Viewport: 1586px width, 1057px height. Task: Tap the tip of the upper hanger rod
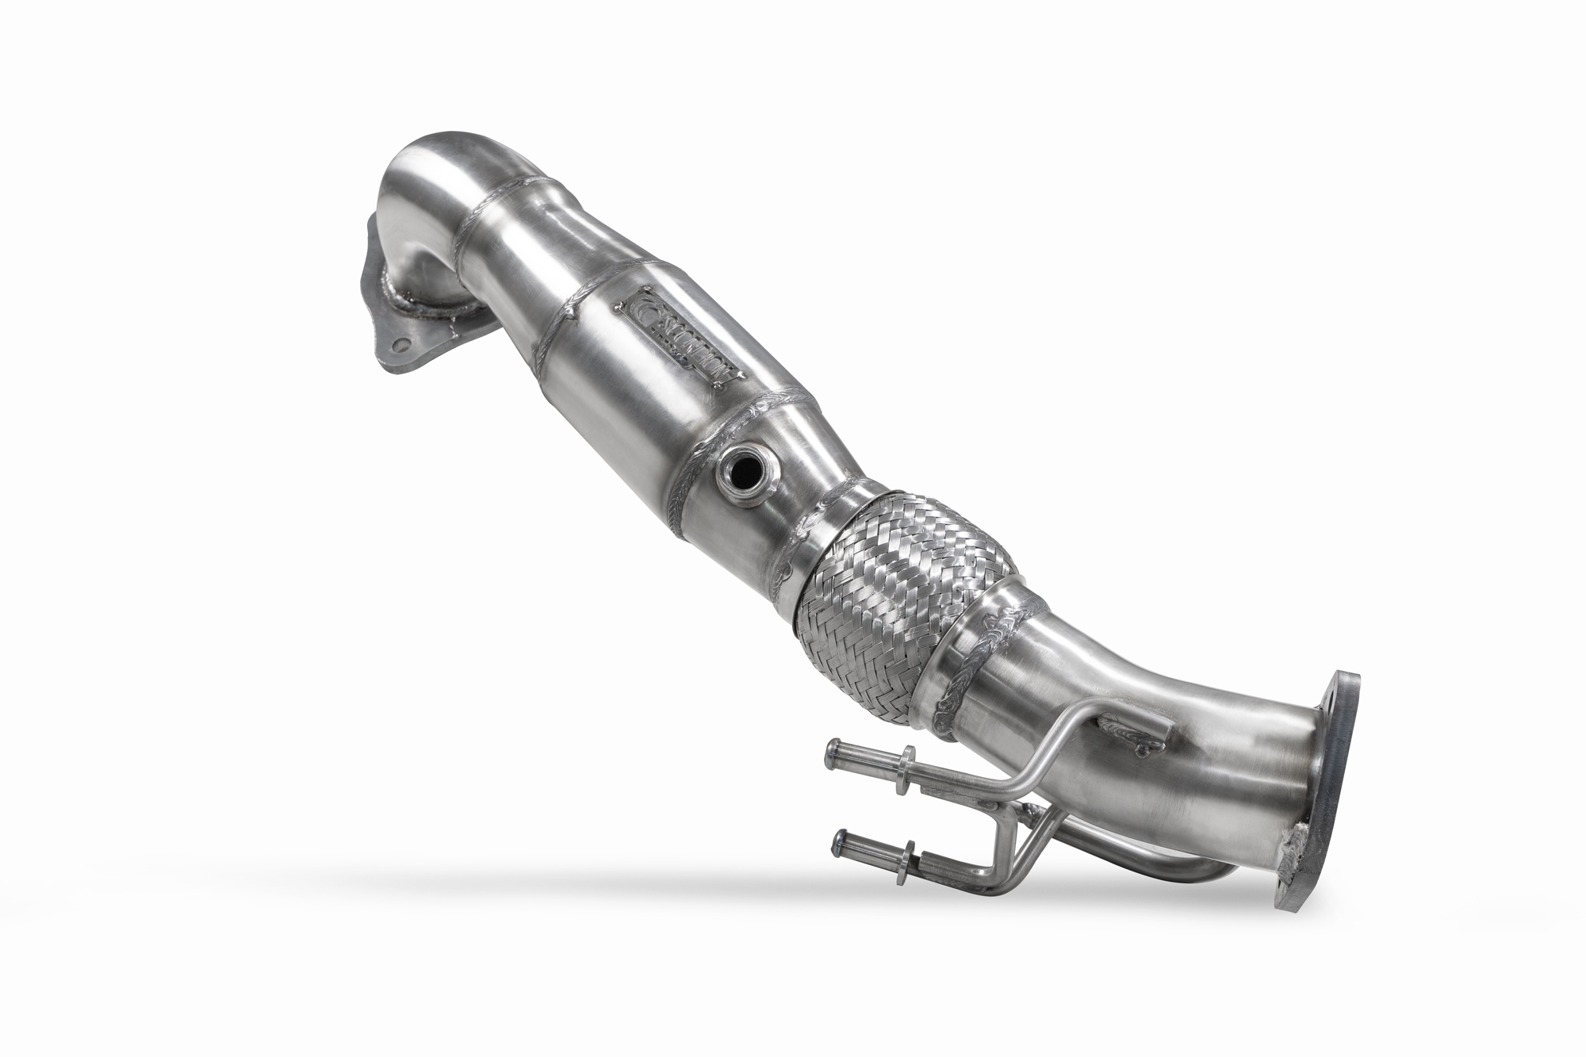[x=833, y=747]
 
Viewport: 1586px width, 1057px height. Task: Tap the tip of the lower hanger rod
[x=833, y=839]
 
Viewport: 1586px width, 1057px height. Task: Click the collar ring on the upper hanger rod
[x=909, y=756]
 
